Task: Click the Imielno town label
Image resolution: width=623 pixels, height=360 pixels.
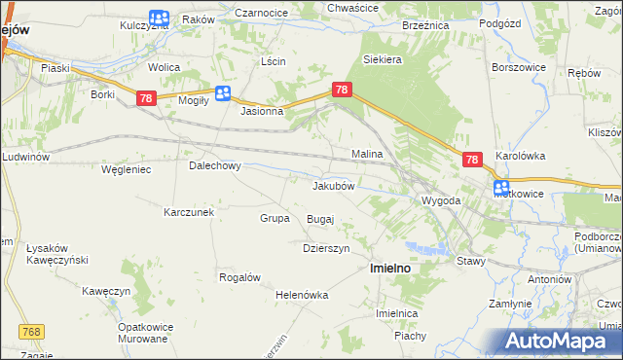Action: point(388,268)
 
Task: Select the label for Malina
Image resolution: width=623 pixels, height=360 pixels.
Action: point(367,155)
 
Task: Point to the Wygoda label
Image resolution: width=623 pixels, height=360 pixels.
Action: point(440,200)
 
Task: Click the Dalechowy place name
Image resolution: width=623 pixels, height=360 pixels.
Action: point(214,165)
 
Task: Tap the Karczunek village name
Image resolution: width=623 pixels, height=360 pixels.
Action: point(189,212)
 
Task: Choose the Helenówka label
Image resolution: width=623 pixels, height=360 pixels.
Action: point(303,295)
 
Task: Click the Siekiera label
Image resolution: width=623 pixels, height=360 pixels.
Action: point(383,59)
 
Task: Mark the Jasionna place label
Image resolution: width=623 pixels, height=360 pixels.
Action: point(262,111)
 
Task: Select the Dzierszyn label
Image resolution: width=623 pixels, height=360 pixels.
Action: point(325,248)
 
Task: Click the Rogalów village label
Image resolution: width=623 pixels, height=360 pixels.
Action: point(239,277)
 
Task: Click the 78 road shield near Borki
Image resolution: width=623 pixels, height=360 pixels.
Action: point(146,98)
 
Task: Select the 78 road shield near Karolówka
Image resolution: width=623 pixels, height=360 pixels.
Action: point(472,160)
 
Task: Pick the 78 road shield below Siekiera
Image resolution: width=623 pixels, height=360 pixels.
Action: point(341,90)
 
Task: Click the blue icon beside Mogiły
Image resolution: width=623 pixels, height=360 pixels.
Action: point(223,93)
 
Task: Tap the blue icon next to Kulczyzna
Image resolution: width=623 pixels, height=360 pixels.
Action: point(160,18)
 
